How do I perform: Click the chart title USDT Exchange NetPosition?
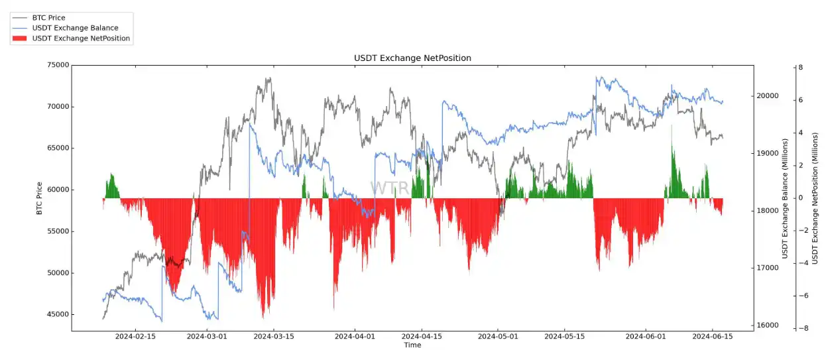412,58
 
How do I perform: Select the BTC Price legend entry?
48,17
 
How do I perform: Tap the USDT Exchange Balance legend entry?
75,28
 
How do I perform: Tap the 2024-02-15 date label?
135,337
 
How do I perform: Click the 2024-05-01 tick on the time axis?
498,337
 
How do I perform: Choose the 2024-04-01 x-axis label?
355,337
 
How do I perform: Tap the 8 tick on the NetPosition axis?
800,68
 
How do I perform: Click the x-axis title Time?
412,345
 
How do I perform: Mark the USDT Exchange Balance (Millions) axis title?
786,199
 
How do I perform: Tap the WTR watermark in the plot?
389,188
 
